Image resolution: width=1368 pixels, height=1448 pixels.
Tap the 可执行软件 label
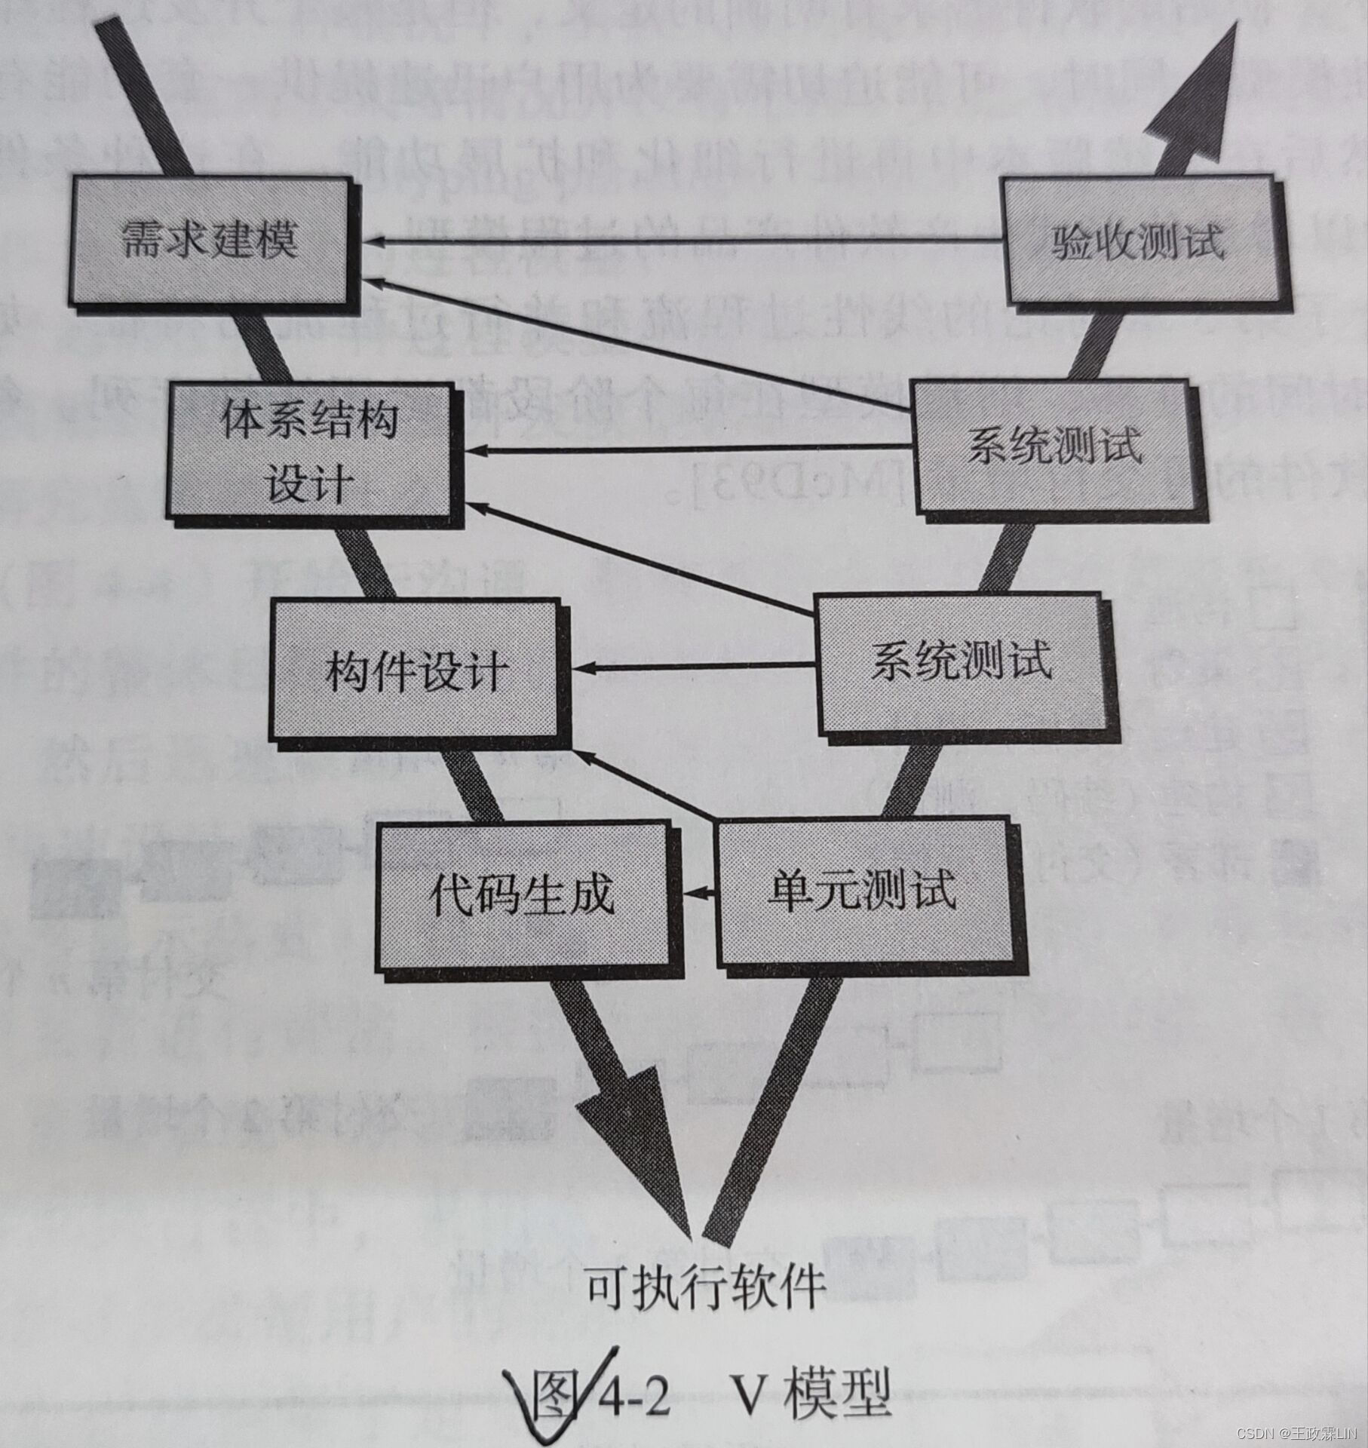[704, 1287]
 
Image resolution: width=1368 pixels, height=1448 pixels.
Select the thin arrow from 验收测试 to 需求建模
[679, 241]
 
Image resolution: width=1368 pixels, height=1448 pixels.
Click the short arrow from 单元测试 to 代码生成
[700, 893]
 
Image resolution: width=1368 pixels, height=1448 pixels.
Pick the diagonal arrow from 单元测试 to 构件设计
[641, 784]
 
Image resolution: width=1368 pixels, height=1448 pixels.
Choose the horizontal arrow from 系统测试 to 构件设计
[694, 667]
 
